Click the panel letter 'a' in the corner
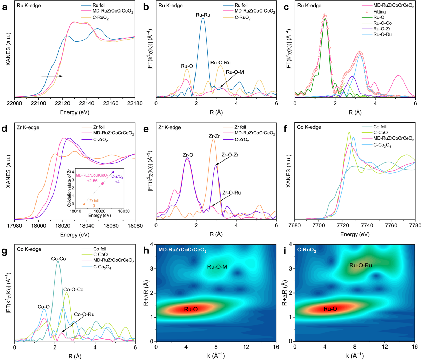click(5, 7)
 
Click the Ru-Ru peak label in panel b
click(203, 15)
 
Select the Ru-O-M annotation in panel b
click(235, 72)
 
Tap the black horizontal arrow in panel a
click(52, 76)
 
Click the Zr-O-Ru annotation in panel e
click(231, 193)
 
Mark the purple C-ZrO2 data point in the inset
click(113, 172)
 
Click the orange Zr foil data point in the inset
click(84, 204)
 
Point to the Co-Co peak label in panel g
click(58, 259)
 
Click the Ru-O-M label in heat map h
click(217, 267)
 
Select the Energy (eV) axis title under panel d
click(74, 235)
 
